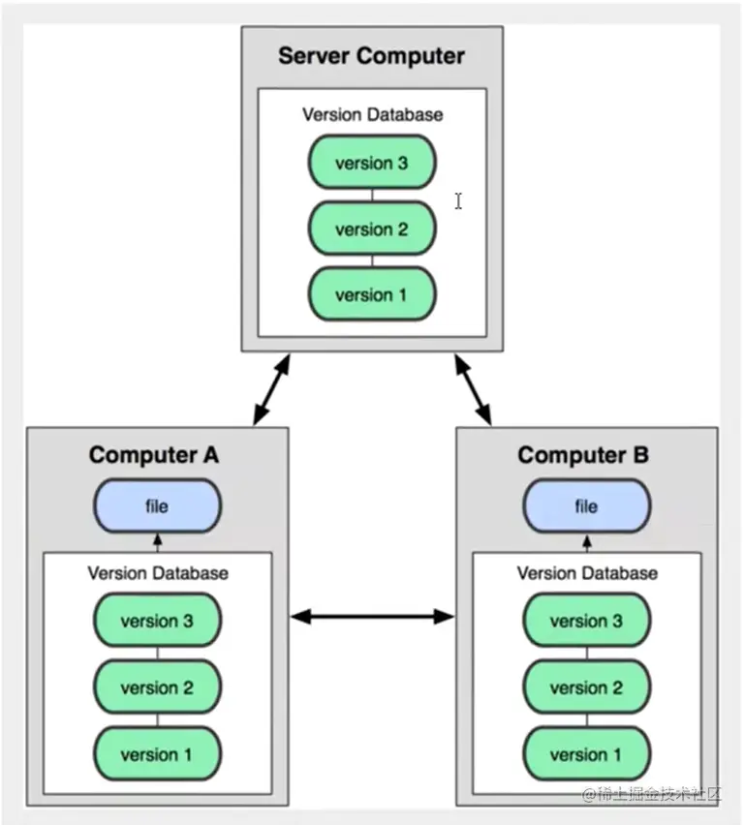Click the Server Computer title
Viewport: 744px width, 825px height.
click(372, 55)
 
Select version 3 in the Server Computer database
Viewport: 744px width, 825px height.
click(372, 163)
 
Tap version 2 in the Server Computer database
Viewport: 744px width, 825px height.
click(372, 229)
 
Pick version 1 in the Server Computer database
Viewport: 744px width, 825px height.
click(372, 295)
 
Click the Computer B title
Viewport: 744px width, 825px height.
click(583, 454)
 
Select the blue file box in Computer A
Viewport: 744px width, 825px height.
click(157, 506)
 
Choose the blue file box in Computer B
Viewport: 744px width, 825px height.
click(586, 506)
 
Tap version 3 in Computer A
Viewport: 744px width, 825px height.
click(157, 622)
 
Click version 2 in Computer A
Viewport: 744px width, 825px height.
click(157, 688)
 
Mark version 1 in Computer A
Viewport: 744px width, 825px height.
click(157, 754)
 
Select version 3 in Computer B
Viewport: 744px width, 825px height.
click(586, 622)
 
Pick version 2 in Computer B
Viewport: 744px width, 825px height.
click(586, 688)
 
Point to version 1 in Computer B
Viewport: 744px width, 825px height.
click(586, 754)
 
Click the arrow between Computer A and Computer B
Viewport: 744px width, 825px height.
click(372, 615)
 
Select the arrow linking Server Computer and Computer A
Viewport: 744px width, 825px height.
click(272, 389)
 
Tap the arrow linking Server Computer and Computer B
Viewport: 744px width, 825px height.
click(473, 389)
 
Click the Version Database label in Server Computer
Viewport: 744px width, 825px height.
click(372, 114)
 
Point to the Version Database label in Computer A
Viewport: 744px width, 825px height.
click(157, 572)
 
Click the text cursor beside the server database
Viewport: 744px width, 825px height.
click(458, 200)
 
